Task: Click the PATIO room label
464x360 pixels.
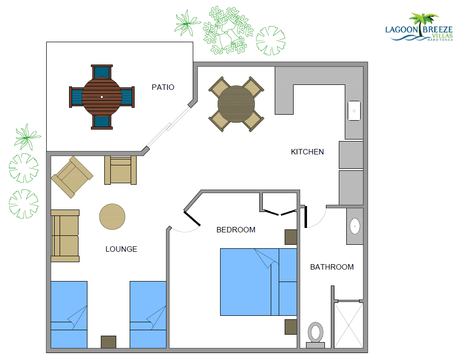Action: tap(163, 87)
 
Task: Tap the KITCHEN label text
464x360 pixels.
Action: tap(307, 152)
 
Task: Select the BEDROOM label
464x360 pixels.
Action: tap(236, 230)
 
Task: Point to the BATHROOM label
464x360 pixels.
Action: tap(332, 267)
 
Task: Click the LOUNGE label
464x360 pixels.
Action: tap(121, 249)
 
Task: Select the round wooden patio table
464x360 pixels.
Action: tap(102, 96)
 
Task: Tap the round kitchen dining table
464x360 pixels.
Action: tap(236, 104)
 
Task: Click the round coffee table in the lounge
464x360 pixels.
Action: tap(112, 217)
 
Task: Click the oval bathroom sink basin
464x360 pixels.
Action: tap(355, 226)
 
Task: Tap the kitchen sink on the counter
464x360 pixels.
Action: tap(354, 111)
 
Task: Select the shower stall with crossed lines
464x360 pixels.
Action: tap(348, 325)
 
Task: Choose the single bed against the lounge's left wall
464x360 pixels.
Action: tap(69, 314)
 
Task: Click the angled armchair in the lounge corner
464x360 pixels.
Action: tap(72, 176)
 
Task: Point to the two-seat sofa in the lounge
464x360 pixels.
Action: tap(65, 235)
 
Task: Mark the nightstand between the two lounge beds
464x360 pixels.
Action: tap(108, 342)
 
